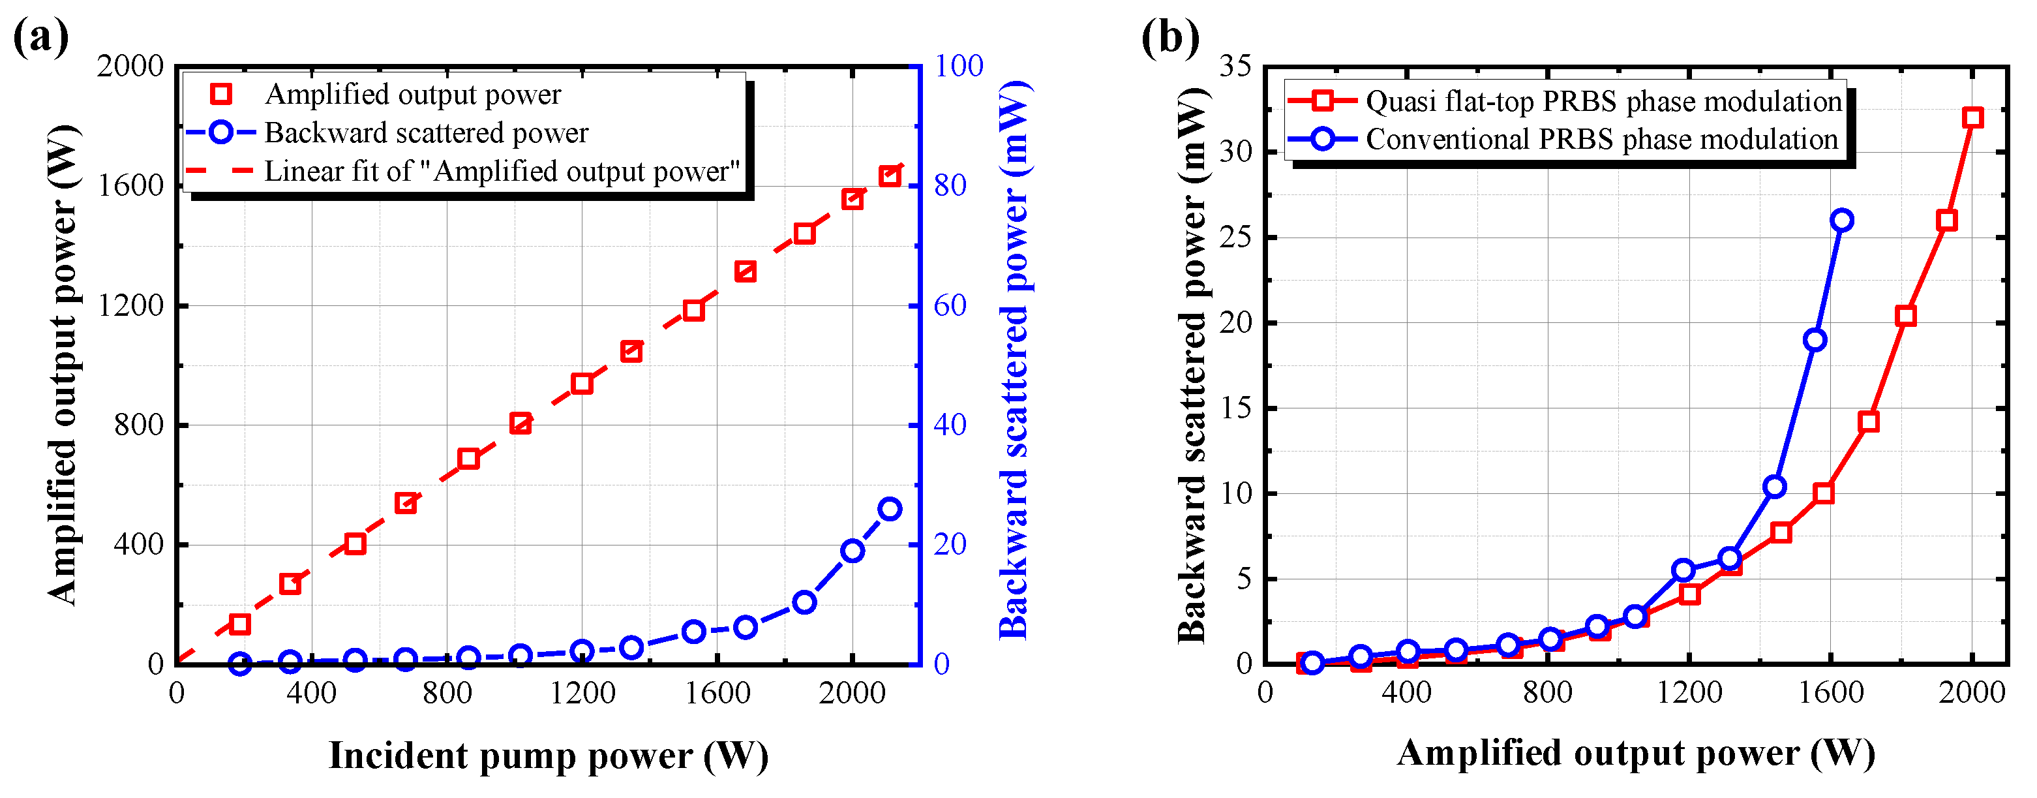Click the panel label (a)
coord(41,37)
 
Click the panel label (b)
coord(1169,37)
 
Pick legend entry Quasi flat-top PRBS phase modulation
coord(1603,101)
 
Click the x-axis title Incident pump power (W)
coord(548,756)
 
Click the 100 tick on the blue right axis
coord(958,66)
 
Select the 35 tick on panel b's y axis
coord(1235,66)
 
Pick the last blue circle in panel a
coord(890,508)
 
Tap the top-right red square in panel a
coord(890,176)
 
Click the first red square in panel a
coord(239,624)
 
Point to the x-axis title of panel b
coord(1635,753)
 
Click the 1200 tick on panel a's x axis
coord(582,694)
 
